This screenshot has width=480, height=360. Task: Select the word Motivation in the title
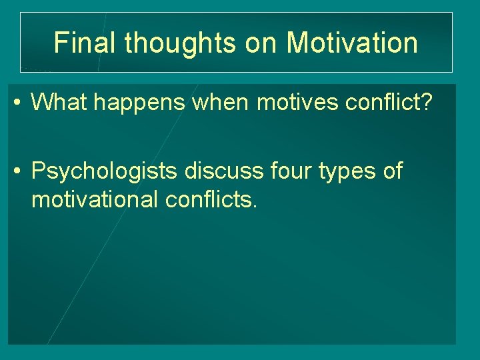(x=352, y=43)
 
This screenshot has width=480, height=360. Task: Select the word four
(x=295, y=171)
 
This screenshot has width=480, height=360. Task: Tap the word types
(x=351, y=172)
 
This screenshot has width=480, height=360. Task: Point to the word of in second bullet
(x=393, y=171)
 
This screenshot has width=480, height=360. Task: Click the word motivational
(x=93, y=199)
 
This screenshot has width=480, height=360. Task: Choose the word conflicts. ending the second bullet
(x=209, y=199)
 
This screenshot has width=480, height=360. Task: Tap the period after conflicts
(x=254, y=207)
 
